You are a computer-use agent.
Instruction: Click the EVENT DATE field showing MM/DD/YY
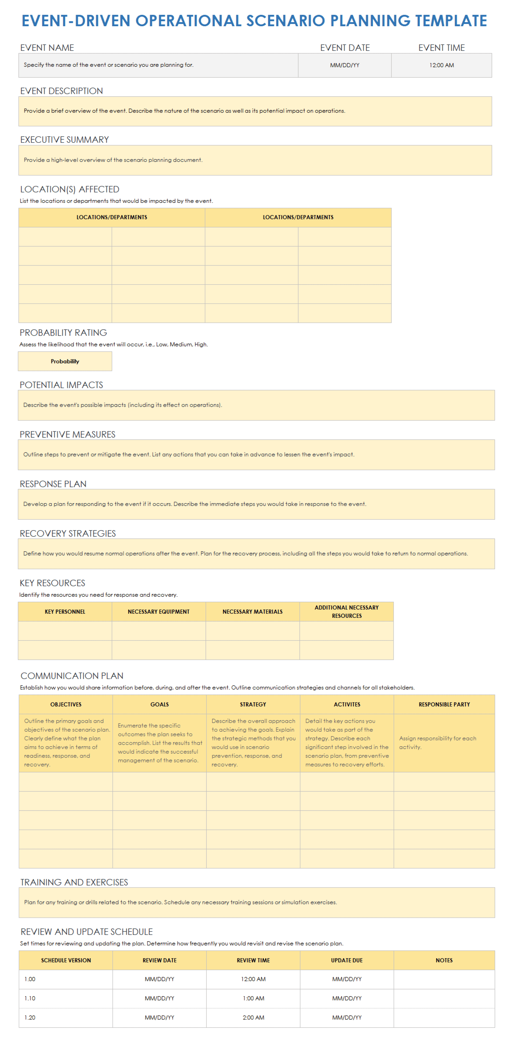click(x=344, y=65)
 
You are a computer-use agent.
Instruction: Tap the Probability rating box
click(x=65, y=361)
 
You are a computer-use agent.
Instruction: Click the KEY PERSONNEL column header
click(x=65, y=612)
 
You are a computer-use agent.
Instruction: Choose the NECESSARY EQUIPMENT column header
click(x=159, y=612)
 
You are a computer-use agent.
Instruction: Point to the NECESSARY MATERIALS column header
click(x=253, y=612)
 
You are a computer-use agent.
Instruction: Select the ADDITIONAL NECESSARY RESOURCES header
click(x=347, y=612)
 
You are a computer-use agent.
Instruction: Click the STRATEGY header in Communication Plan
click(x=253, y=704)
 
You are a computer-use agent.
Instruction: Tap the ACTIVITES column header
click(x=347, y=704)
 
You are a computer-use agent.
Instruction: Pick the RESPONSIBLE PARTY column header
click(x=444, y=704)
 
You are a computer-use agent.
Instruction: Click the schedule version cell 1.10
click(x=30, y=998)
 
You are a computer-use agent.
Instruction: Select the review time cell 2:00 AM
click(x=253, y=1017)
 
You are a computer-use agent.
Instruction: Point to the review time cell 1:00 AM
click(x=253, y=998)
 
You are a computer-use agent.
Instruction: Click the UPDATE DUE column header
click(x=347, y=960)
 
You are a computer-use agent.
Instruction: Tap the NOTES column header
click(x=444, y=960)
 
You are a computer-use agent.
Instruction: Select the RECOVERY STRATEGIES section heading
click(x=68, y=533)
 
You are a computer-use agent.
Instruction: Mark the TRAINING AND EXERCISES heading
click(x=74, y=882)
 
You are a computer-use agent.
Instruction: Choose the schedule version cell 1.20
click(x=30, y=1017)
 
